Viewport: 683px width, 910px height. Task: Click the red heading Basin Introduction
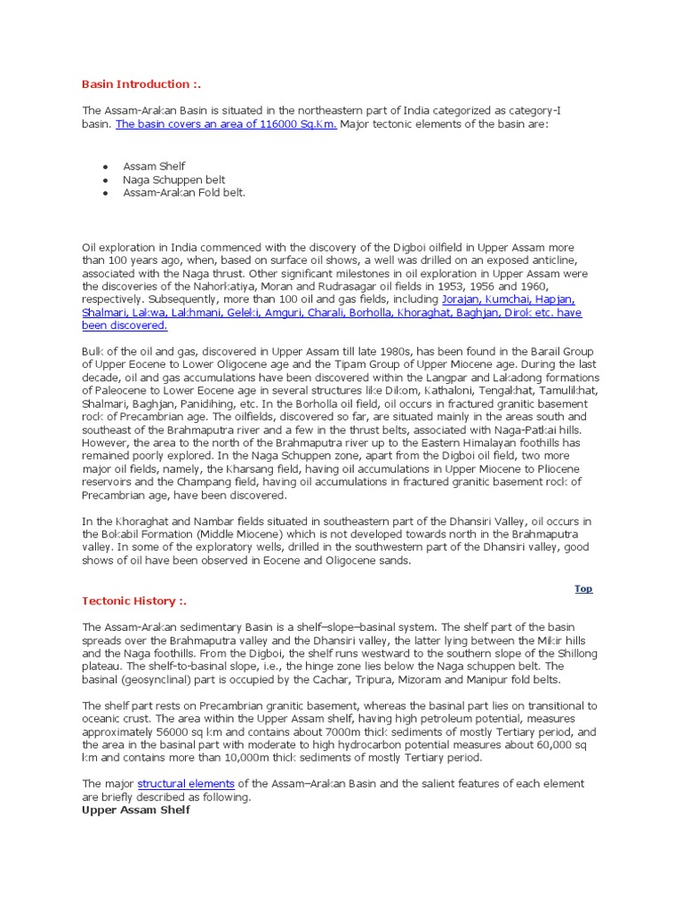coord(141,84)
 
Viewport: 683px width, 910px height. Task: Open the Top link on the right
coord(583,588)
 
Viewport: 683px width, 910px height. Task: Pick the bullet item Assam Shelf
coord(155,166)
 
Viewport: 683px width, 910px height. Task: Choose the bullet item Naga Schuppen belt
coord(174,180)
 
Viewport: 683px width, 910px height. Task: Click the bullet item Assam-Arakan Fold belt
coord(184,192)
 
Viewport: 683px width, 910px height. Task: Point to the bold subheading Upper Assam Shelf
coord(136,810)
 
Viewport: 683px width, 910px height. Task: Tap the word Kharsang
coord(233,469)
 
